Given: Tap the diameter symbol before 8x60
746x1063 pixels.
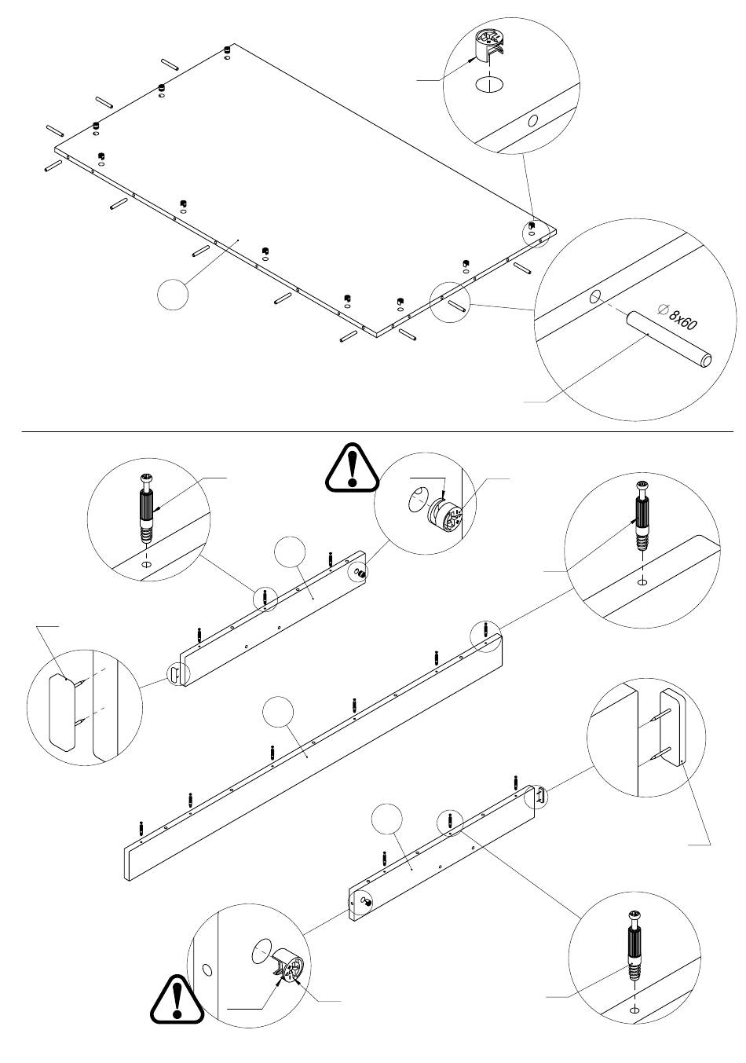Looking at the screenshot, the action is tap(663, 310).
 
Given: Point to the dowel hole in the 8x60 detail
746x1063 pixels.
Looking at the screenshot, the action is tap(594, 297).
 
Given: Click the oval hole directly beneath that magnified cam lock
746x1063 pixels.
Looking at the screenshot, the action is tap(489, 85).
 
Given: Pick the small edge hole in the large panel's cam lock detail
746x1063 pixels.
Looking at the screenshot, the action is tap(533, 120).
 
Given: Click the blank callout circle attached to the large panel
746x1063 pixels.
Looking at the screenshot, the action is tap(172, 294).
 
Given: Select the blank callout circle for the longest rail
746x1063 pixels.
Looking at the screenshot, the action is tap(278, 711).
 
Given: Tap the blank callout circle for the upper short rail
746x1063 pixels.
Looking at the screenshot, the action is tap(290, 552).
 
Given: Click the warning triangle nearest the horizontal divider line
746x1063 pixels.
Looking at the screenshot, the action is tap(352, 467).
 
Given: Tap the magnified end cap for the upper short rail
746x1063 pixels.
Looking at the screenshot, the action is tap(62, 713).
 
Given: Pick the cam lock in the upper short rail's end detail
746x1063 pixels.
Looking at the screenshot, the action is tap(444, 515).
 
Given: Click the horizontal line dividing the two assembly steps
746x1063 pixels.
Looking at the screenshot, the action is tap(378, 432).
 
